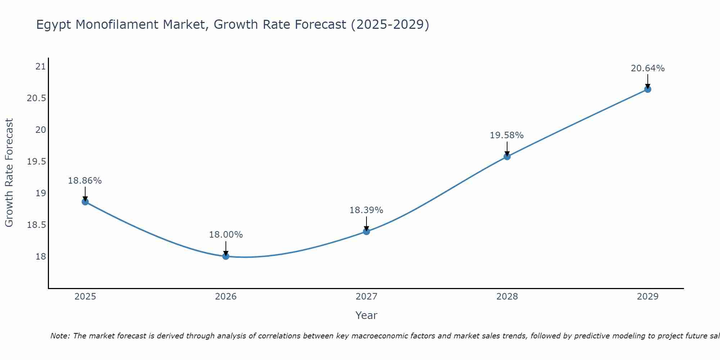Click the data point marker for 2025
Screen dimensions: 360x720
coord(85,202)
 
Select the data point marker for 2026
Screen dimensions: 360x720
coord(226,256)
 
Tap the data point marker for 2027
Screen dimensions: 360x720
coord(366,231)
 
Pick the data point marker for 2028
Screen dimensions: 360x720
coord(507,156)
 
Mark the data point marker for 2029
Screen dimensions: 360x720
coord(648,89)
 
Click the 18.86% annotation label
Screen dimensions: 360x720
coord(85,181)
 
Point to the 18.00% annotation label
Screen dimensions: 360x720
coord(226,235)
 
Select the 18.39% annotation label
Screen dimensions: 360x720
coord(366,210)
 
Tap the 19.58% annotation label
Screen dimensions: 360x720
coord(507,135)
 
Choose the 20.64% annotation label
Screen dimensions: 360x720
coord(648,68)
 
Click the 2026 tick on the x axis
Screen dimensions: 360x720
coord(226,297)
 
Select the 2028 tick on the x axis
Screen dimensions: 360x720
coord(507,297)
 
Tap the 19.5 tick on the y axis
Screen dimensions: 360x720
coord(37,161)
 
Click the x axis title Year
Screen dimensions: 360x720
coord(366,315)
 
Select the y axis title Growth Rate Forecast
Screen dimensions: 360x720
coord(9,173)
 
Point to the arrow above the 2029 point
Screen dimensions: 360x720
coord(648,81)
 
